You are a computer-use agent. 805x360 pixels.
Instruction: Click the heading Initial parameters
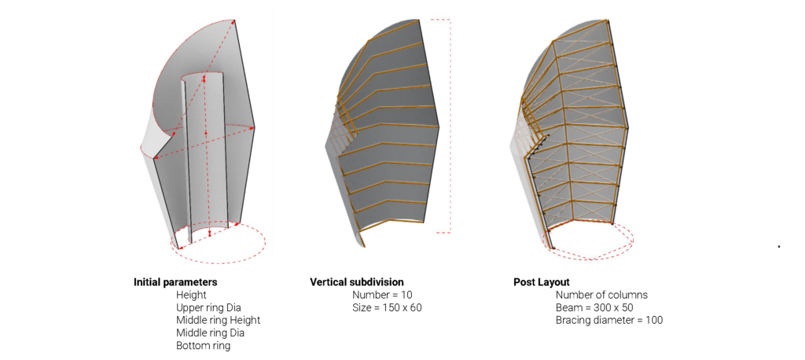[x=175, y=282]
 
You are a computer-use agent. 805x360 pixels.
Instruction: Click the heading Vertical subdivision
[x=357, y=282]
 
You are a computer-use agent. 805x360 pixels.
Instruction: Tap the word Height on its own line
[x=191, y=295]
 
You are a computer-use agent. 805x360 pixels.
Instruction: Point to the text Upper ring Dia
[x=208, y=307]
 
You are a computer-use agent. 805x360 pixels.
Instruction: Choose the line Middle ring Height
[x=219, y=320]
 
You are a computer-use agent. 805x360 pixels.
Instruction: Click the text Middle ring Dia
[x=211, y=332]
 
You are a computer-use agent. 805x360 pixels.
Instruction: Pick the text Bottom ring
[x=204, y=346]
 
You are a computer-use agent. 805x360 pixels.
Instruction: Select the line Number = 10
[x=383, y=295]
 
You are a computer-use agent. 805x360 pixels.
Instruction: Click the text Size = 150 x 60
[x=387, y=307]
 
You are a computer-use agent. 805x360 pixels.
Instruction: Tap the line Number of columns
[x=601, y=295]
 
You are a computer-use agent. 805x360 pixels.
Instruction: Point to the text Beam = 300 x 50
[x=594, y=307]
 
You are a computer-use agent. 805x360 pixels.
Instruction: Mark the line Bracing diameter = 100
[x=609, y=321]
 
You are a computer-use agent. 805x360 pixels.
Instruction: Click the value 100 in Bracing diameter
[x=655, y=321]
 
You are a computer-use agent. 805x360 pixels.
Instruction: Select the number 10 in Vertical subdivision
[x=407, y=295]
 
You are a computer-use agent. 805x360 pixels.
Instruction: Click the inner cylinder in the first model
[x=205, y=154]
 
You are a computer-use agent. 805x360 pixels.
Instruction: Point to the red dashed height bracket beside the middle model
[x=450, y=126]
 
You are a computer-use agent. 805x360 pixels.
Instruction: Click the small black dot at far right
[x=779, y=247]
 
